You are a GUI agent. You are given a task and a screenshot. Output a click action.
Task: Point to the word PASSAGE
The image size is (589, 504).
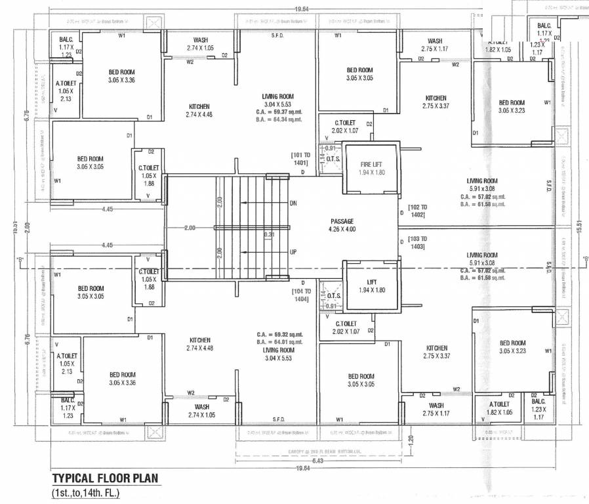pos(342,221)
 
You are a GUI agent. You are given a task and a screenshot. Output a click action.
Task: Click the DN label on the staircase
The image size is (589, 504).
pos(293,203)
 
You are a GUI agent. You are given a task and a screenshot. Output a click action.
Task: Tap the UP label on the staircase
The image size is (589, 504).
pos(293,252)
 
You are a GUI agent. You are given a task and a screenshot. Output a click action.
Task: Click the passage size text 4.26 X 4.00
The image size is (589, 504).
pos(342,230)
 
